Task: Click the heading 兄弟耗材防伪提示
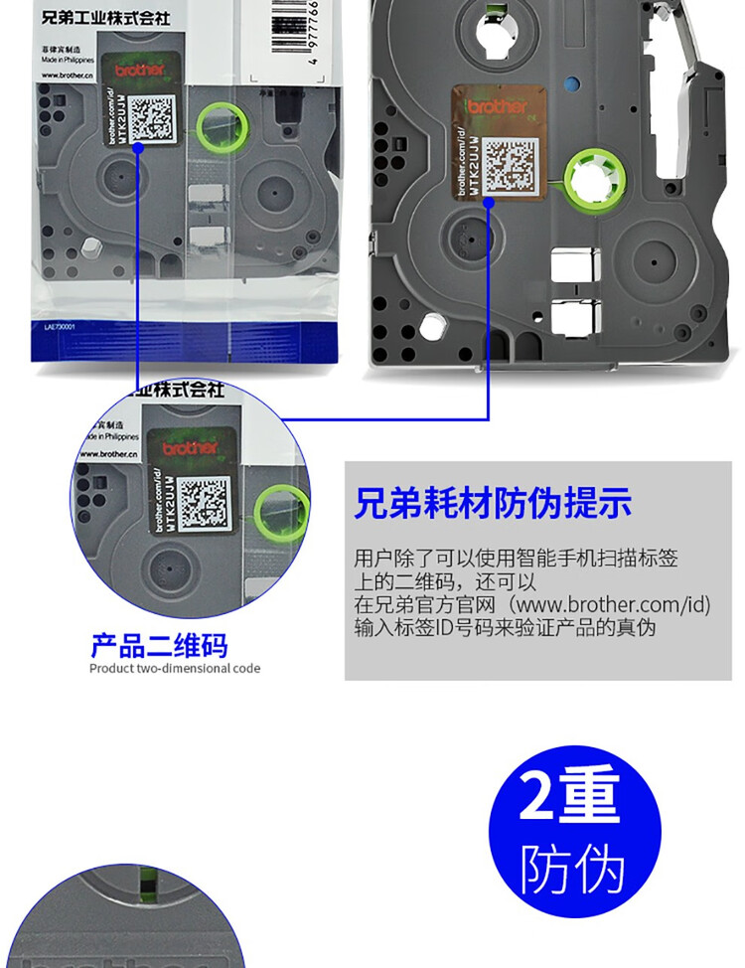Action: coord(493,503)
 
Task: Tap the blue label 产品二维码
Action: coord(159,646)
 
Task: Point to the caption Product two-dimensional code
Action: coord(175,669)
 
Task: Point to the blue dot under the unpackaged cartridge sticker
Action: coord(489,201)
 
